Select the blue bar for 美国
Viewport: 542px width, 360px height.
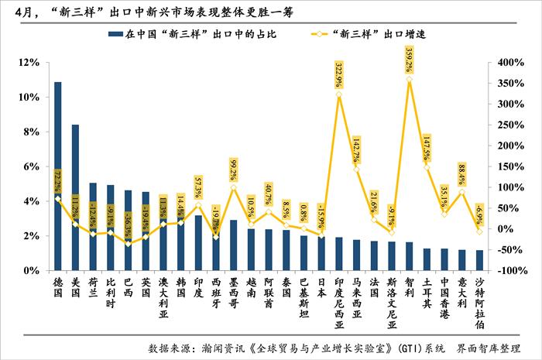click(75, 197)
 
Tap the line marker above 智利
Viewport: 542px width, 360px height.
click(410, 80)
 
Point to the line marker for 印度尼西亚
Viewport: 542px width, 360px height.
click(338, 94)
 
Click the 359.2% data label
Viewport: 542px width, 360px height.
click(410, 59)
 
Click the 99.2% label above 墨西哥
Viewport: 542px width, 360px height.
click(233, 170)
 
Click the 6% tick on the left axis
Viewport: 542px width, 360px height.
click(31, 166)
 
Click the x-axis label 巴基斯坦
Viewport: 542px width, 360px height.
click(304, 298)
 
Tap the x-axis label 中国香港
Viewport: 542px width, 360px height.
click(445, 298)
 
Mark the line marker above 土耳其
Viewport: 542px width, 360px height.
click(427, 166)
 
